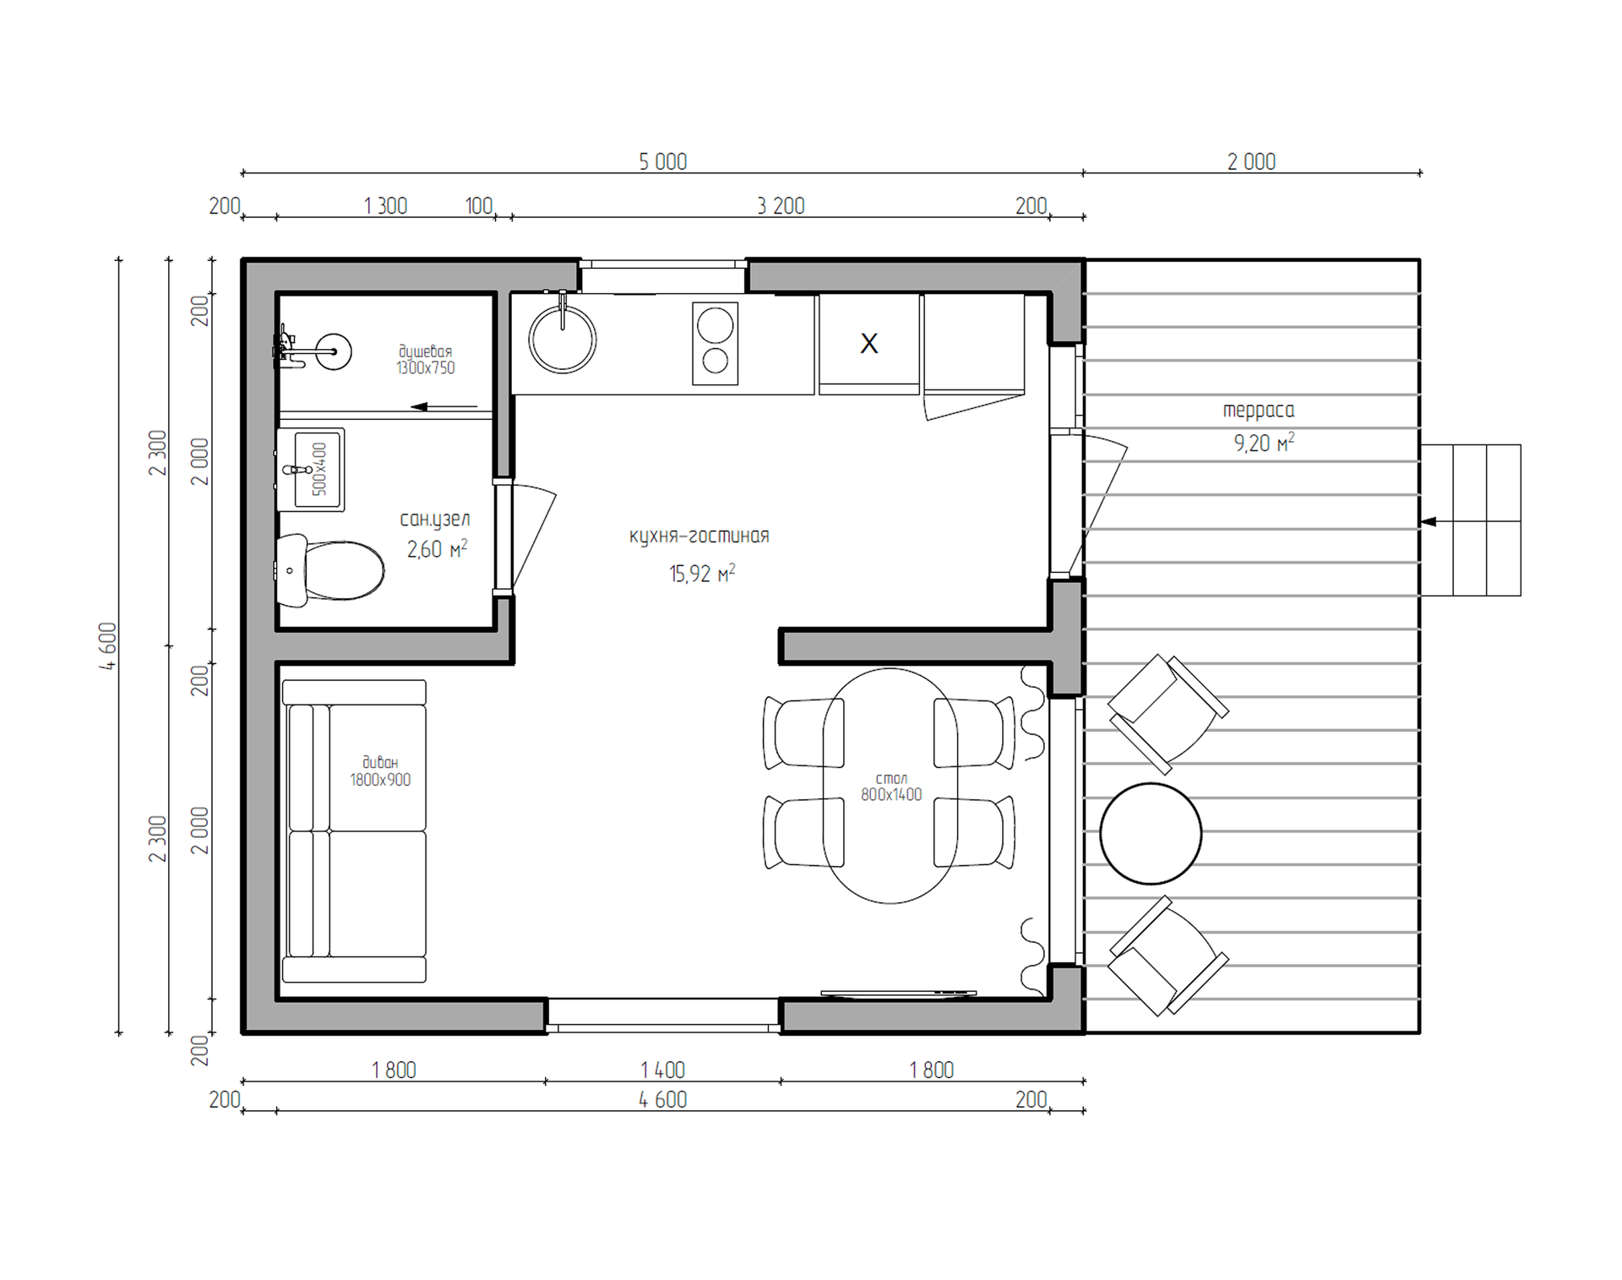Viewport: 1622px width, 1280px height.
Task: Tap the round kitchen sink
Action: pos(563,340)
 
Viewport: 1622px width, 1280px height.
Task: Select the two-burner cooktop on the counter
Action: pos(715,344)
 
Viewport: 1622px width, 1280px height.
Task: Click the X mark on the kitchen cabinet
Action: pos(868,343)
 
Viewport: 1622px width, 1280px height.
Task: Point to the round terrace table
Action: pos(1151,833)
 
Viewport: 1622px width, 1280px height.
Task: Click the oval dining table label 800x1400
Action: pos(891,794)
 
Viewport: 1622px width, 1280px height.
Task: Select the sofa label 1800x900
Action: pos(380,780)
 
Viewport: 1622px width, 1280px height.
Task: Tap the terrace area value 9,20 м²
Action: pos(1264,443)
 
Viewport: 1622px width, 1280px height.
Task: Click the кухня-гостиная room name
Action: pos(699,536)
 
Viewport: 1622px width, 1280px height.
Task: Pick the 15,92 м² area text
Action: pos(702,574)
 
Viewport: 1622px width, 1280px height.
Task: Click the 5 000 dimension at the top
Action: pos(663,161)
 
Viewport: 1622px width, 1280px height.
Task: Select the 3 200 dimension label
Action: pos(781,205)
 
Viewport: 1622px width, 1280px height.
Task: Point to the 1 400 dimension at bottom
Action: pos(663,1070)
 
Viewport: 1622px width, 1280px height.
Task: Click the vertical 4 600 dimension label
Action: pos(108,646)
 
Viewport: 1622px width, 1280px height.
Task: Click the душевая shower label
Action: pos(425,351)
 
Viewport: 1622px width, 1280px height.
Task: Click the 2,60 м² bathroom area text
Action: pos(438,549)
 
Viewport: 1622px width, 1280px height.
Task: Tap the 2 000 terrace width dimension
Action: pos(1251,161)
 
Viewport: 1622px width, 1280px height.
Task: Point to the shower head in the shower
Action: pos(334,351)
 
